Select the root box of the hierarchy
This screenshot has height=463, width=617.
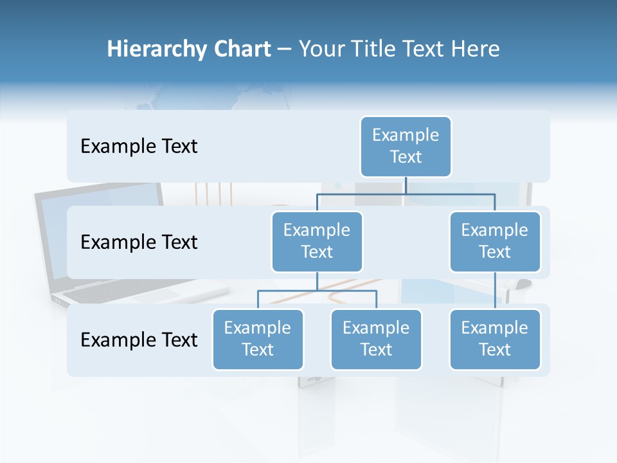click(406, 146)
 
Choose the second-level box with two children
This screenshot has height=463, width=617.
click(317, 241)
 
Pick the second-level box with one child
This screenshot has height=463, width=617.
click(495, 241)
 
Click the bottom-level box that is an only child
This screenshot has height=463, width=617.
click(495, 339)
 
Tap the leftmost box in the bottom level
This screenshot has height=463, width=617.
click(258, 339)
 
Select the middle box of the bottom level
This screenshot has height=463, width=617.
click(376, 339)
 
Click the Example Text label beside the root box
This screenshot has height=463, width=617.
click(139, 147)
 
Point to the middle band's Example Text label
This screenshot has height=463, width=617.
click(139, 242)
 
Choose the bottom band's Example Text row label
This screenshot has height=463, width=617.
click(139, 340)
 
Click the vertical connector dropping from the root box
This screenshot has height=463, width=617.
click(406, 185)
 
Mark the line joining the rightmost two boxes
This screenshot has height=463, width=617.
click(495, 291)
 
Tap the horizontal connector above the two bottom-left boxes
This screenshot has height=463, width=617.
click(317, 291)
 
